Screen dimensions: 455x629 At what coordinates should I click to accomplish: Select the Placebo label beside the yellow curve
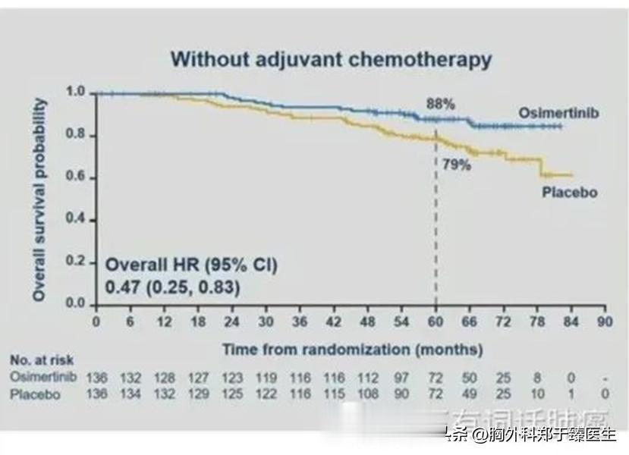[x=569, y=193]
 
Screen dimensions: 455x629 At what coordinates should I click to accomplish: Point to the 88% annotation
[x=439, y=104]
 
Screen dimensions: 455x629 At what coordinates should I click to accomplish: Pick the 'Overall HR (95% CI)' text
[x=191, y=265]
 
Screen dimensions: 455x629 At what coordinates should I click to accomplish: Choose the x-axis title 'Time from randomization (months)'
[x=352, y=350]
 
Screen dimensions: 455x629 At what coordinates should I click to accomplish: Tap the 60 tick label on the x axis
[x=436, y=322]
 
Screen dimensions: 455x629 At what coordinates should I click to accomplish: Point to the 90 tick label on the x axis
[x=605, y=322]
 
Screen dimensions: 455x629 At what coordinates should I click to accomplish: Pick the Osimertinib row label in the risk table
[x=43, y=377]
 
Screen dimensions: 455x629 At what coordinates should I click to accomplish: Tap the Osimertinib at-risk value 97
[x=401, y=378]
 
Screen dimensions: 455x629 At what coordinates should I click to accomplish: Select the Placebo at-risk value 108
[x=368, y=394]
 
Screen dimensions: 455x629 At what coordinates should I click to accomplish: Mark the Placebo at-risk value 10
[x=538, y=394]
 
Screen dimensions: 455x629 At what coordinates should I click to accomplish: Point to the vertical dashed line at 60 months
[x=436, y=227]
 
